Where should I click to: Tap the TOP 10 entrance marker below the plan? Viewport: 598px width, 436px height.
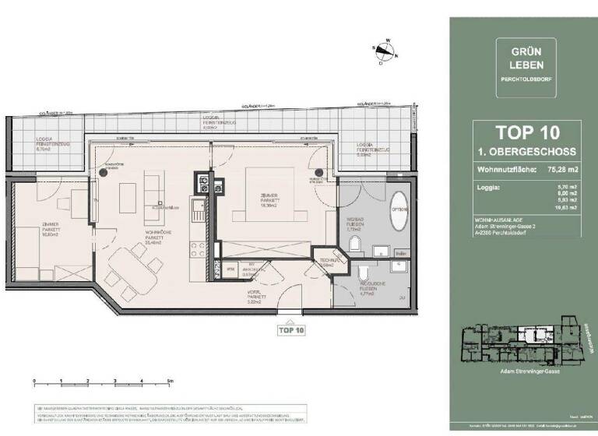coord(290,329)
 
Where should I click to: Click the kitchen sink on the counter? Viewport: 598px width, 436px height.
coord(198,208)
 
